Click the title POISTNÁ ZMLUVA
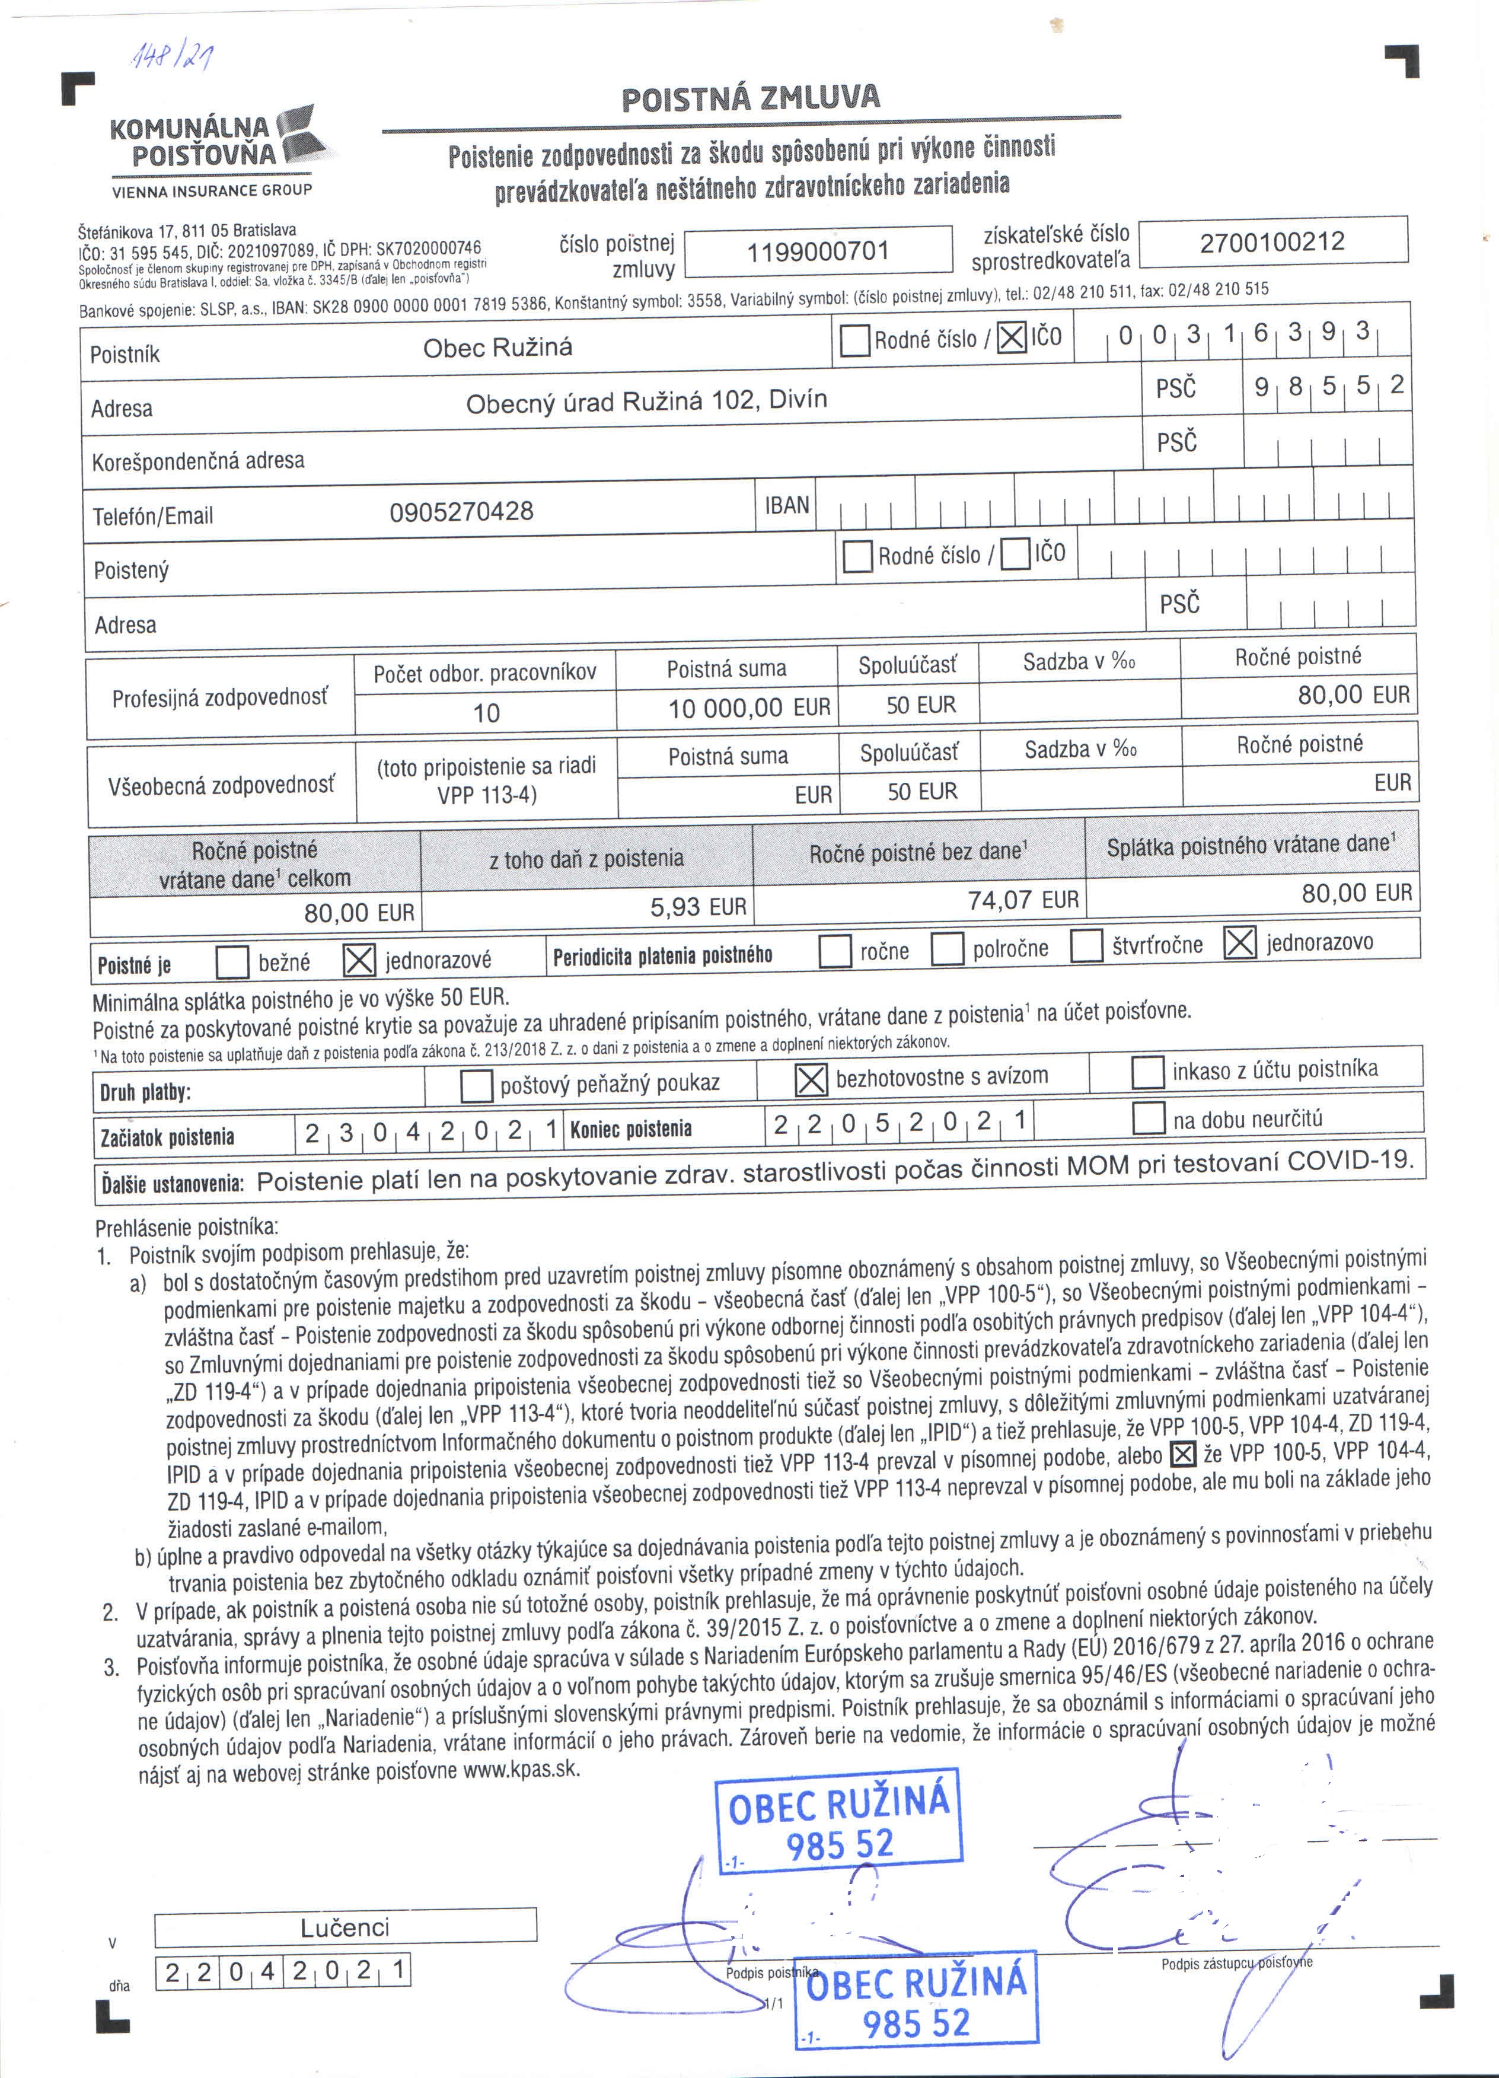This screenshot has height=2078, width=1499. [x=751, y=97]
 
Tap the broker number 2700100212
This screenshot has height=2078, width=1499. [x=1272, y=242]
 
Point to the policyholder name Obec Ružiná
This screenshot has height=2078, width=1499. [x=497, y=348]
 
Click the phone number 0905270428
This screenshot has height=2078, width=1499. [x=461, y=511]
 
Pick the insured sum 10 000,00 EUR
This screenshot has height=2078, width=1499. [x=748, y=707]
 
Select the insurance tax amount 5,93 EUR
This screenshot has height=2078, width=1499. [x=698, y=907]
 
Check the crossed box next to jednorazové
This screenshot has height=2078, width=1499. [x=358, y=960]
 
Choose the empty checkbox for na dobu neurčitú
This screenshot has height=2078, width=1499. [x=1148, y=1118]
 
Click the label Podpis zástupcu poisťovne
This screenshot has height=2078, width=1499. [x=1236, y=1962]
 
